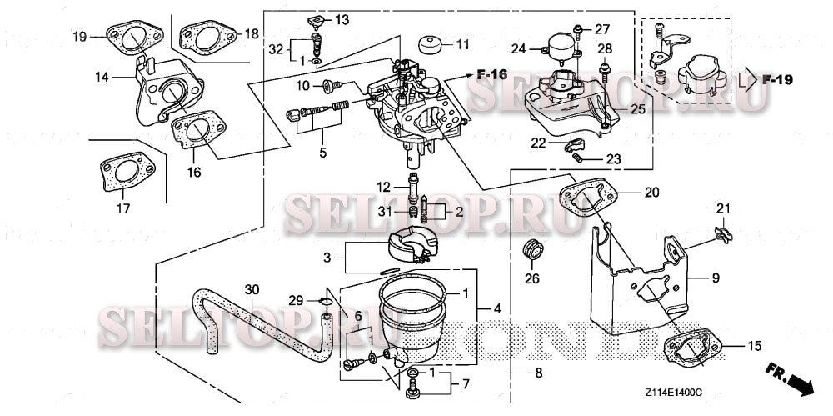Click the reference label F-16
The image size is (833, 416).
click(x=492, y=75)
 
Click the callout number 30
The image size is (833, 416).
click(x=252, y=289)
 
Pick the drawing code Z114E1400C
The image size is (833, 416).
click(x=674, y=390)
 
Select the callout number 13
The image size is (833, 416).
click(x=342, y=18)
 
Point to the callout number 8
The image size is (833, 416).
click(x=537, y=373)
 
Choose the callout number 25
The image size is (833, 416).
click(x=636, y=109)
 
